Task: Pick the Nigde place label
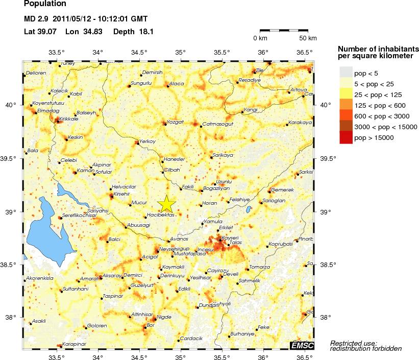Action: pyautogui.click(x=163, y=317)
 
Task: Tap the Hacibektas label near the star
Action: pyautogui.click(x=161, y=215)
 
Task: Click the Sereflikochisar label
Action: pyautogui.click(x=79, y=215)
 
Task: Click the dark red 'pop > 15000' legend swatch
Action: pyautogui.click(x=346, y=137)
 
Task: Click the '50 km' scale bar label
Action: pyautogui.click(x=308, y=38)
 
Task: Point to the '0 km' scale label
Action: pyautogui.click(x=260, y=38)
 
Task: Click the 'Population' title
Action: pyautogui.click(x=45, y=4)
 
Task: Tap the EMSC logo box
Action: pyautogui.click(x=302, y=346)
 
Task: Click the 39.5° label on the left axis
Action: pyautogui.click(x=12, y=158)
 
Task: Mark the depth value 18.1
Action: pyautogui.click(x=146, y=32)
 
